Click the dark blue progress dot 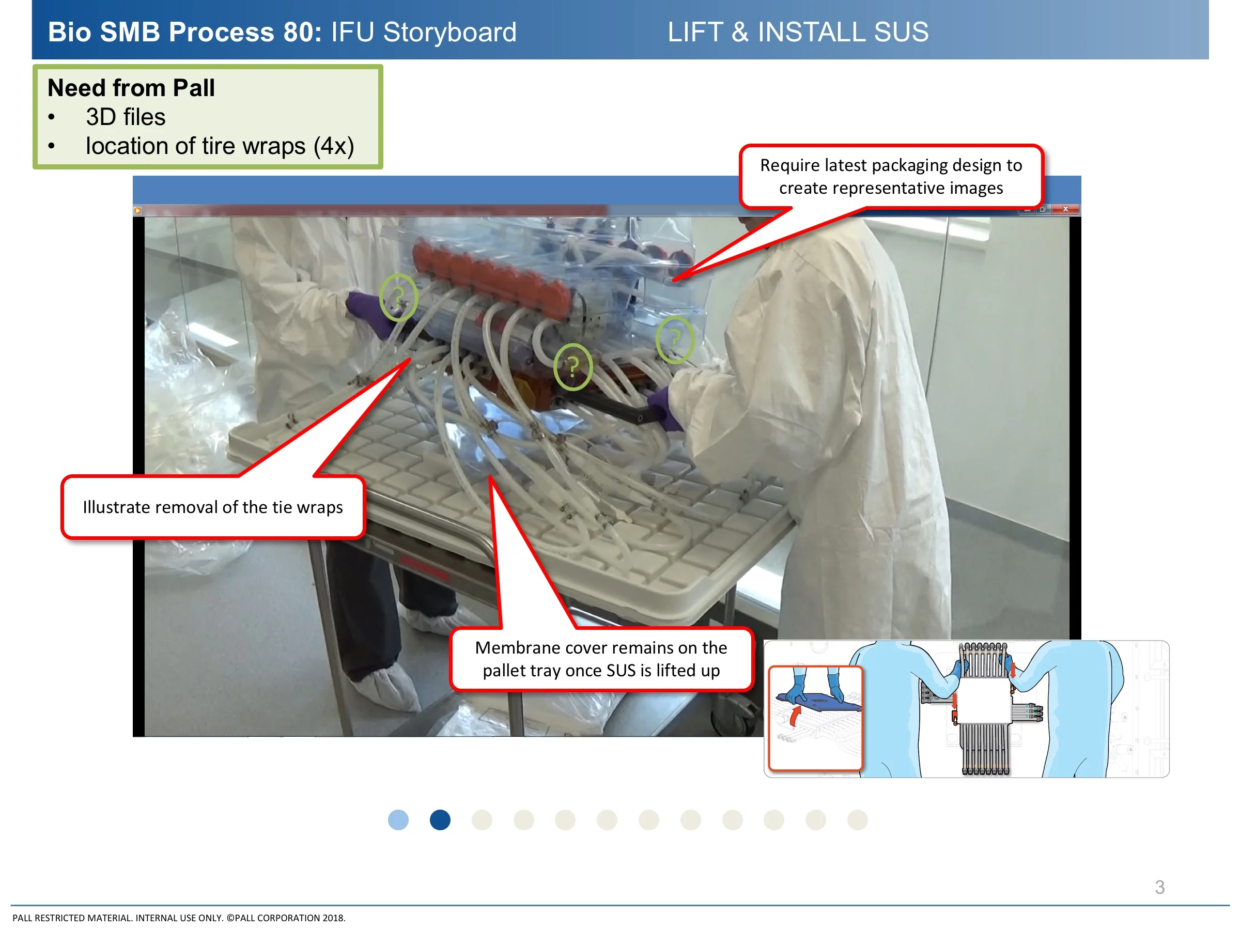(440, 820)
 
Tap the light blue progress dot (398, 820)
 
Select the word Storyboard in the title (450, 32)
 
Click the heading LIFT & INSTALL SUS (798, 32)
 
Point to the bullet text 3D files (126, 117)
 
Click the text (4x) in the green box (334, 146)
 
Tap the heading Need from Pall (131, 88)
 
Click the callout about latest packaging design (891, 177)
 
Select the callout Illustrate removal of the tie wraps (213, 507)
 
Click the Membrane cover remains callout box (601, 659)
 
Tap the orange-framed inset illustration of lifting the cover (815, 718)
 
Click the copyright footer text (179, 918)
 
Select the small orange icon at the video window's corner (137, 211)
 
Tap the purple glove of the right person (666, 408)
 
